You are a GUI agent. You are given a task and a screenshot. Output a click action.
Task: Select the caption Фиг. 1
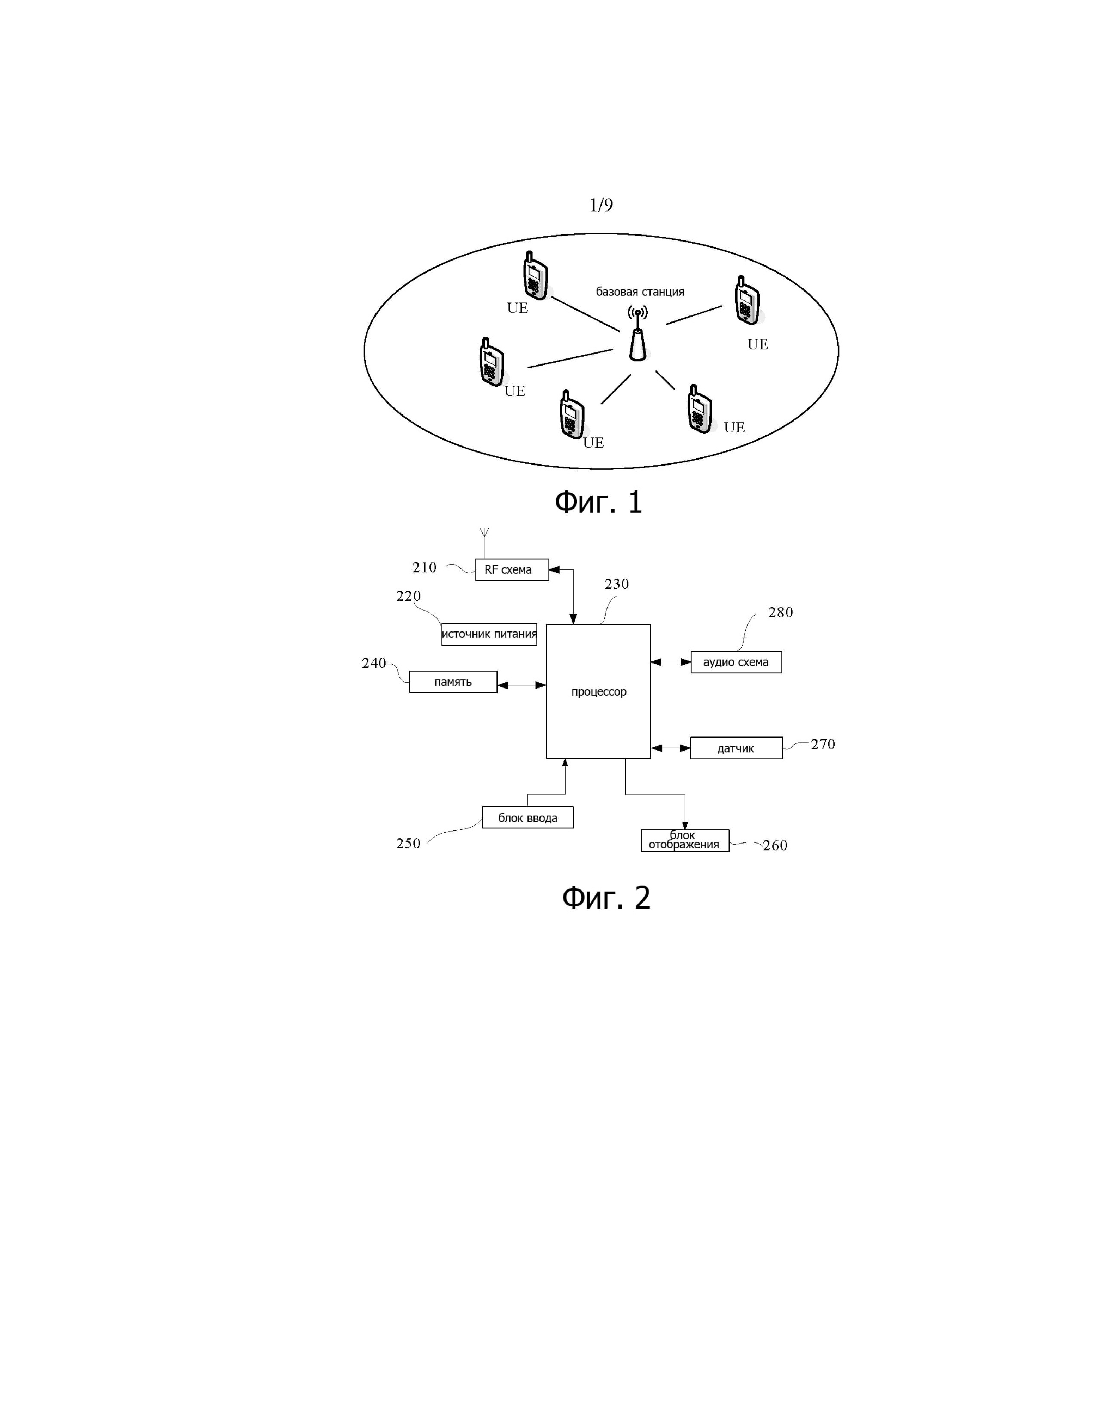tap(598, 503)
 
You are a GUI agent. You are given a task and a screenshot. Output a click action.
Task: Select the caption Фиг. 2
tap(606, 898)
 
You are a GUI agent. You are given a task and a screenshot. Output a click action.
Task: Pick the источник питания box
tap(489, 634)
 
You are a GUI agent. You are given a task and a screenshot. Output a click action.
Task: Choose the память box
tap(453, 682)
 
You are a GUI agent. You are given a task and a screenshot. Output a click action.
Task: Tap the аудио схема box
tap(736, 662)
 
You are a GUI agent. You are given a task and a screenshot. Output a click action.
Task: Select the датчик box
tap(736, 749)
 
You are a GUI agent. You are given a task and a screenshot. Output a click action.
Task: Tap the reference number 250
tap(408, 843)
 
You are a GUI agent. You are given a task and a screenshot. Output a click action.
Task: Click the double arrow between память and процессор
tap(521, 685)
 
